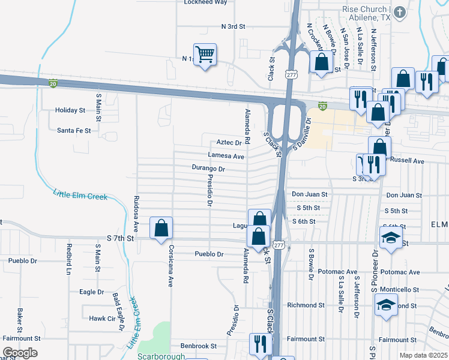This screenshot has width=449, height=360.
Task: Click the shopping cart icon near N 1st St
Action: tap(205, 55)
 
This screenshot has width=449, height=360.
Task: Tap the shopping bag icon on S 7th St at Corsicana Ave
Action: tap(161, 228)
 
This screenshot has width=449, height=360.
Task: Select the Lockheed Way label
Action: tap(205, 2)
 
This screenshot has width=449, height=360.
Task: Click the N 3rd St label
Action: tap(234, 27)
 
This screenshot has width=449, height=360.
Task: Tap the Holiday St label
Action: tap(70, 110)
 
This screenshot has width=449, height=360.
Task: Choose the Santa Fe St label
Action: tap(74, 130)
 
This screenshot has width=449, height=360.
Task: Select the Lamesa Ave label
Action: tap(226, 157)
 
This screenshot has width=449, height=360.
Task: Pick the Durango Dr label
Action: tap(208, 169)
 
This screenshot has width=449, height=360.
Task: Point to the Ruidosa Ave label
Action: tap(137, 214)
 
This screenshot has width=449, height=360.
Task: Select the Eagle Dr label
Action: tap(92, 292)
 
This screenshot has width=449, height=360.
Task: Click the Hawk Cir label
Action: tap(101, 319)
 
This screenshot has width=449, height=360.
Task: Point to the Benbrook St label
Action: tap(198, 346)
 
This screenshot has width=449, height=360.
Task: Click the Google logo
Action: tap(20, 353)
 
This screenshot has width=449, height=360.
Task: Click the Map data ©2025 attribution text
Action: tap(423, 355)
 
